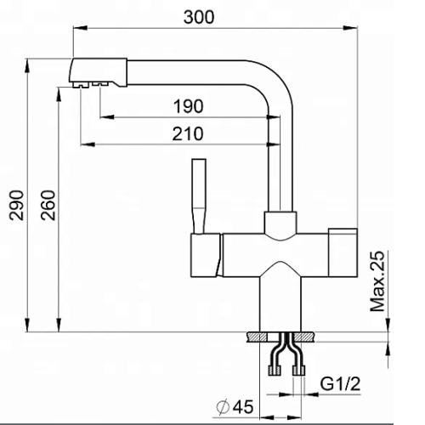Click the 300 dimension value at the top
pos(199,17)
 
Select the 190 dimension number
pos(189,106)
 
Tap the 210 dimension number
pos(188,133)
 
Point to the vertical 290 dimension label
pos(16,205)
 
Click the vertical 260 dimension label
pos(48,205)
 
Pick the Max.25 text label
pos(378,281)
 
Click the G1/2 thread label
pos(340,384)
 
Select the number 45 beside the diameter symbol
pos(242,407)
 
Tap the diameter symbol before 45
pos(223,407)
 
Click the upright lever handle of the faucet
pos(199,196)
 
